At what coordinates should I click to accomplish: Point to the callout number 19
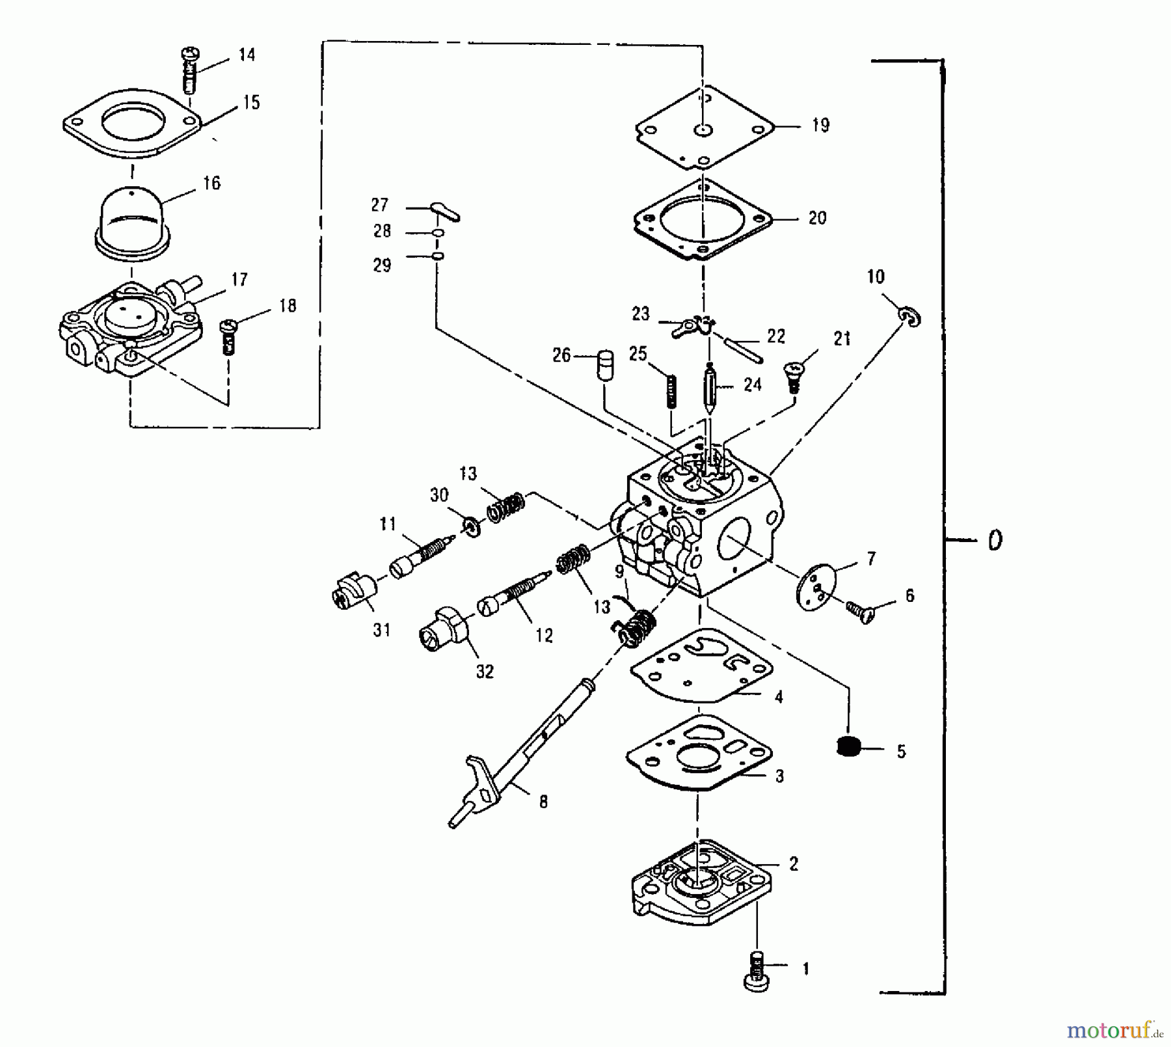(820, 125)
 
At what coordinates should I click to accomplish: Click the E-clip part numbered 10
(911, 317)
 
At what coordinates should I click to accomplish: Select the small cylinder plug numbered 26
(606, 366)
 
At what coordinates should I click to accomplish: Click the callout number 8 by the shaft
(543, 802)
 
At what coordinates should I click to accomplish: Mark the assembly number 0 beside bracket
(994, 540)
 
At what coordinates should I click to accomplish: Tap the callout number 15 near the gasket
(251, 103)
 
